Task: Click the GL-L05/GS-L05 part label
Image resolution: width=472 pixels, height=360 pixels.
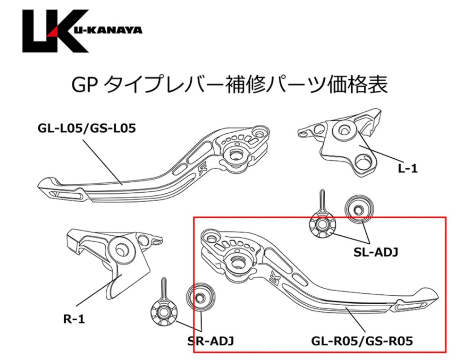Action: tap(87, 129)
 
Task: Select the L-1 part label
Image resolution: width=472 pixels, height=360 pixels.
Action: tap(408, 169)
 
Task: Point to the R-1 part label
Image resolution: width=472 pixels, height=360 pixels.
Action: tap(75, 319)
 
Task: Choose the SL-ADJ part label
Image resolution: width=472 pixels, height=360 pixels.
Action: tap(376, 252)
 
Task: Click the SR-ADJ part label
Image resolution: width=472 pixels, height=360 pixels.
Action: tap(211, 341)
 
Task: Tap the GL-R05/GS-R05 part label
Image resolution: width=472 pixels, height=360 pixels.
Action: tap(362, 341)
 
